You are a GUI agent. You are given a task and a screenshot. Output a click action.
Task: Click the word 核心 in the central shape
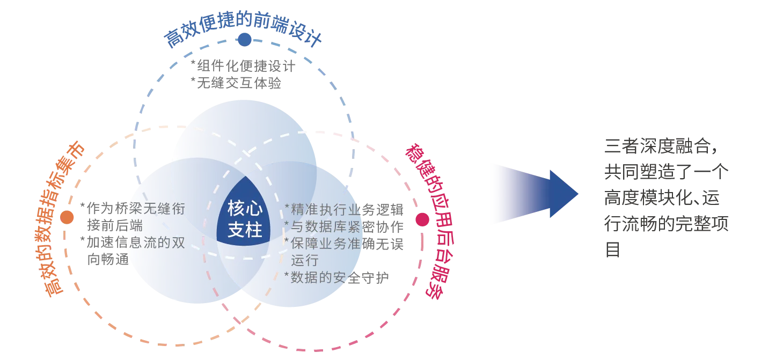coord(245,208)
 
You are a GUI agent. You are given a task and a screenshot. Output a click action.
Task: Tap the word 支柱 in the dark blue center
coord(245,230)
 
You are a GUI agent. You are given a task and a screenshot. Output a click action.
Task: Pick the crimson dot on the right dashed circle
coord(422,219)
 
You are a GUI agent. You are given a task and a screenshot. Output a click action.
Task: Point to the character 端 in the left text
coord(135,226)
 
